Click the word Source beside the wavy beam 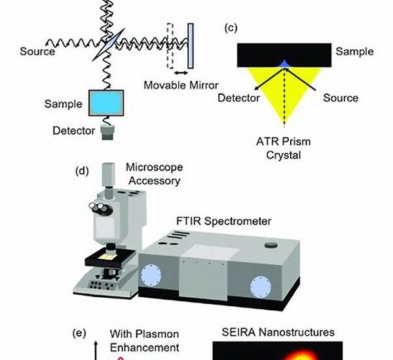37,50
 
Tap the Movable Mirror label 181,85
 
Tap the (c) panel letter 230,27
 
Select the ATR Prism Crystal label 285,149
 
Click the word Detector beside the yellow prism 240,98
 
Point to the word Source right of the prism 341,98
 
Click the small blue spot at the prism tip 284,63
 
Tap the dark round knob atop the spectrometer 270,245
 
